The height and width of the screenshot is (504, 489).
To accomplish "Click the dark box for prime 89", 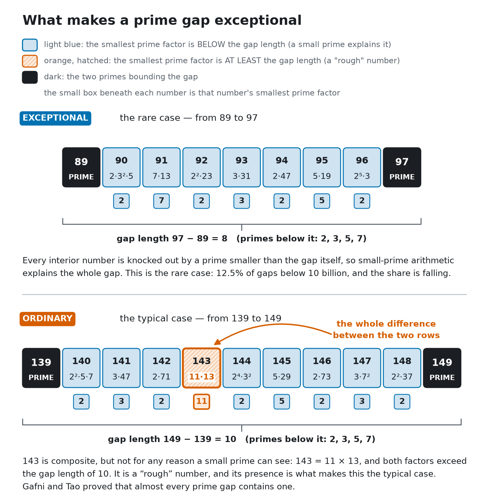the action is [81, 167].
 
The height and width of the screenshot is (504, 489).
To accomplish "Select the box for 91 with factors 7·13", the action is [161, 167].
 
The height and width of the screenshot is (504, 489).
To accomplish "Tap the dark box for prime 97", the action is [402, 167].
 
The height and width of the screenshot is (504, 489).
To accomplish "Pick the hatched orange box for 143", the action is [201, 368].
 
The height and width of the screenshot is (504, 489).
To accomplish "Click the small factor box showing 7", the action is [161, 201].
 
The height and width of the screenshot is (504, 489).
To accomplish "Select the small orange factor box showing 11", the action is [201, 402].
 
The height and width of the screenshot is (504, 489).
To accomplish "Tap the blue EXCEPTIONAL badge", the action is [55, 118].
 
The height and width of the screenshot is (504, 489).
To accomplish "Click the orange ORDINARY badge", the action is [48, 319].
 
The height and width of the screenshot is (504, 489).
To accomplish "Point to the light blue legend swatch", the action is [30, 45].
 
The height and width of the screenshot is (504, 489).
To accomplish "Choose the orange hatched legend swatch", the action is [30, 61].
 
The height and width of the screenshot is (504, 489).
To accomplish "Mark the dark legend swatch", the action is [30, 77].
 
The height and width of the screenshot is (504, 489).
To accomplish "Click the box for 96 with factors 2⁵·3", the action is [362, 167].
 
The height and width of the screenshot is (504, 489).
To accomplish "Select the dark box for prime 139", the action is [41, 368].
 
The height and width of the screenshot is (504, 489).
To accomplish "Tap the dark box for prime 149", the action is [442, 368].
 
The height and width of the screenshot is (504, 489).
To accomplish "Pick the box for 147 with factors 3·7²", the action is [362, 368].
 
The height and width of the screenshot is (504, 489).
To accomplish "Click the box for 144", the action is [242, 368].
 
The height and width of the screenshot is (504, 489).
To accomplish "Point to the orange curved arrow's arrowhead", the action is [217, 342].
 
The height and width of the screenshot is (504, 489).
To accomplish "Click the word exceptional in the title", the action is [258, 21].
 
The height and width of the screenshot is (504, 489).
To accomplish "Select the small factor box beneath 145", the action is [282, 402].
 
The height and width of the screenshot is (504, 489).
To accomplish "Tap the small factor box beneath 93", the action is [242, 201].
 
